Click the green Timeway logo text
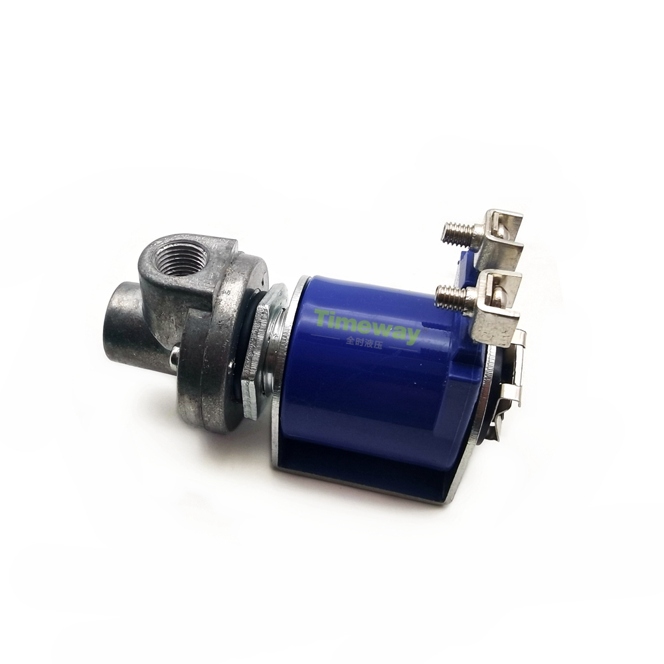(x=367, y=323)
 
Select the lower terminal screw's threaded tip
(x=451, y=294)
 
